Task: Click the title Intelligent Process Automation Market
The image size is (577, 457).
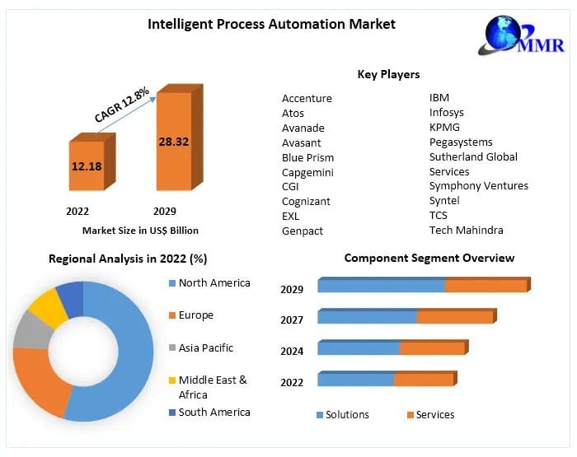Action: (x=271, y=24)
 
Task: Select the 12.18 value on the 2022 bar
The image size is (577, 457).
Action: (x=87, y=166)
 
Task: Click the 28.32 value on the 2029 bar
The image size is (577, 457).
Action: (x=173, y=142)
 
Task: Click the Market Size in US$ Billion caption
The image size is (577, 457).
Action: (x=140, y=231)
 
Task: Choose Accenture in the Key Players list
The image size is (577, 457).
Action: (x=307, y=98)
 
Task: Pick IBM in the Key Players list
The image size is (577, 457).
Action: (x=439, y=97)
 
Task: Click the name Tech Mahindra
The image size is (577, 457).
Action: (x=466, y=230)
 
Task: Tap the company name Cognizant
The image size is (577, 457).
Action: (x=306, y=201)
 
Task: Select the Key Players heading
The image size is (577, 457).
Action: (x=388, y=74)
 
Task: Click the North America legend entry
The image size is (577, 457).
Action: (x=213, y=282)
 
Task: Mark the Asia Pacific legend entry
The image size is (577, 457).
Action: (x=205, y=347)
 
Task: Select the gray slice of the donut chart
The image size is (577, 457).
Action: (x=30, y=330)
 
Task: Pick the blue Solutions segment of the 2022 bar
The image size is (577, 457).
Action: (x=355, y=380)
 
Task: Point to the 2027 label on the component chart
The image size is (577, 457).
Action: (x=292, y=319)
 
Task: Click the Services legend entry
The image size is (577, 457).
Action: (x=434, y=414)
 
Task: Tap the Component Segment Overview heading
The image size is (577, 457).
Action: (x=429, y=258)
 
